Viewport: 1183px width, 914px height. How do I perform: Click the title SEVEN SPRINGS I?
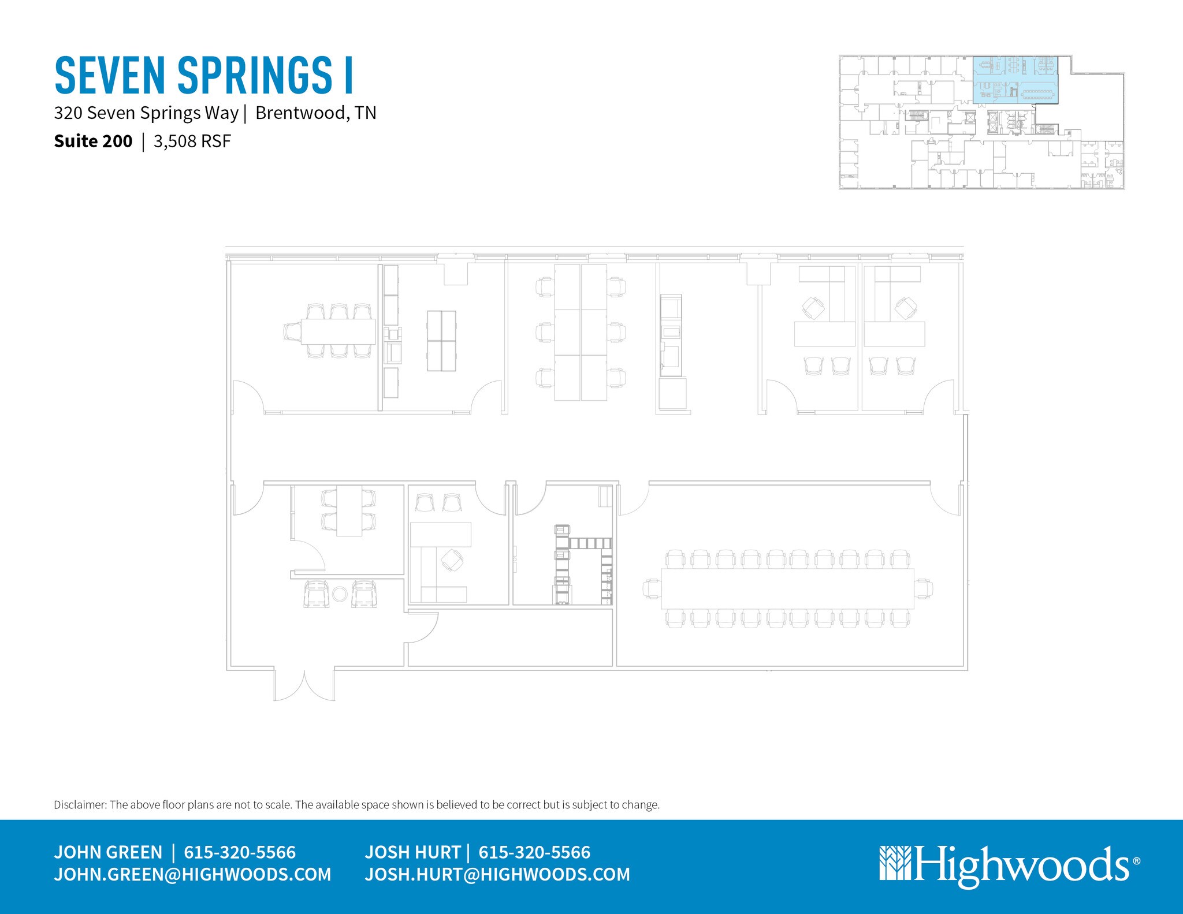203,75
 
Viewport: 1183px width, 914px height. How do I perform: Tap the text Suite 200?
93,141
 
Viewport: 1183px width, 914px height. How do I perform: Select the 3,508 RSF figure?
192,141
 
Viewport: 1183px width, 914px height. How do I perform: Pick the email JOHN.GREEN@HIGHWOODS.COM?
192,874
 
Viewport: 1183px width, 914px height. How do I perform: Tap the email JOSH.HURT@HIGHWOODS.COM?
497,874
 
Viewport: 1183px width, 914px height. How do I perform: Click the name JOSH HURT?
412,852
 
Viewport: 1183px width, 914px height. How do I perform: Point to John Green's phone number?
240,852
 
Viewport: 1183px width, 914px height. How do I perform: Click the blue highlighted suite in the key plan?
1015,81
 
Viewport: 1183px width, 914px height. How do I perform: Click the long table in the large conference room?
787,588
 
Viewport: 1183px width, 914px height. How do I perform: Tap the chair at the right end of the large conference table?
924,589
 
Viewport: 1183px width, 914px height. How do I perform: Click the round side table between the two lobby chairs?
340,594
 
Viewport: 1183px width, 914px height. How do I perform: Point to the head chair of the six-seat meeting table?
292,332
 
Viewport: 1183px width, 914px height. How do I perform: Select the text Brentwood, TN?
315,113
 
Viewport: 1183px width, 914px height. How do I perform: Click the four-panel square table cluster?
441,341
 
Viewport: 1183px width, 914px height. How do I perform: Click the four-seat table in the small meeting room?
349,511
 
